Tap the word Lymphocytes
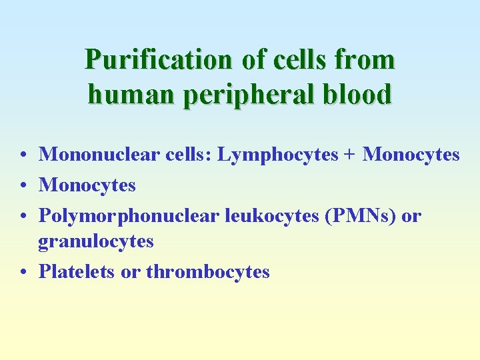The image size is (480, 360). tap(274, 155)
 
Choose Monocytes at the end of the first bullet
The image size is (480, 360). tap(411, 155)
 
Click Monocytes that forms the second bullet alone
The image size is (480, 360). tap(87, 185)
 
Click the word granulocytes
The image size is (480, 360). tap(96, 241)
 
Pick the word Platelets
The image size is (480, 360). tap(77, 271)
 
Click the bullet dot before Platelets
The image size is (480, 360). tap(23, 273)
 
